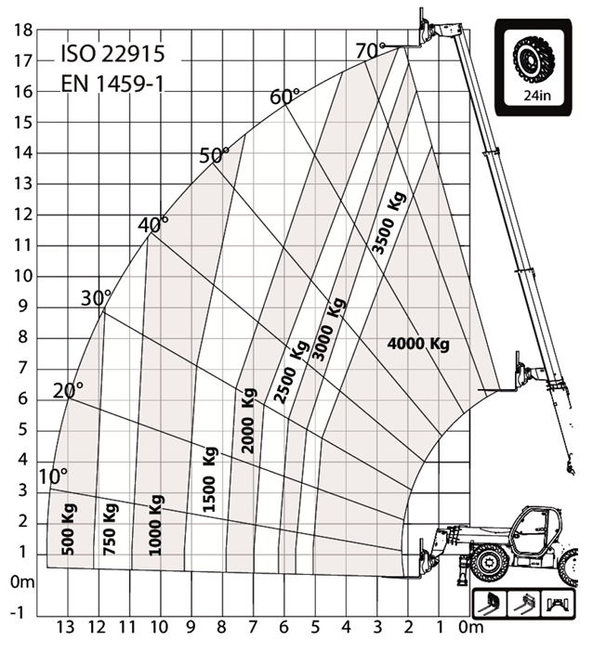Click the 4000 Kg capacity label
click(418, 345)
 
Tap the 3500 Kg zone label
click(389, 223)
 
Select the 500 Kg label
click(69, 529)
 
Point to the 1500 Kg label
click(210, 479)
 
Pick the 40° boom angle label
click(153, 225)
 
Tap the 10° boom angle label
click(52, 477)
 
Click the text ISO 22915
click(113, 54)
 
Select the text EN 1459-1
click(112, 84)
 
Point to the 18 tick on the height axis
click(23, 30)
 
